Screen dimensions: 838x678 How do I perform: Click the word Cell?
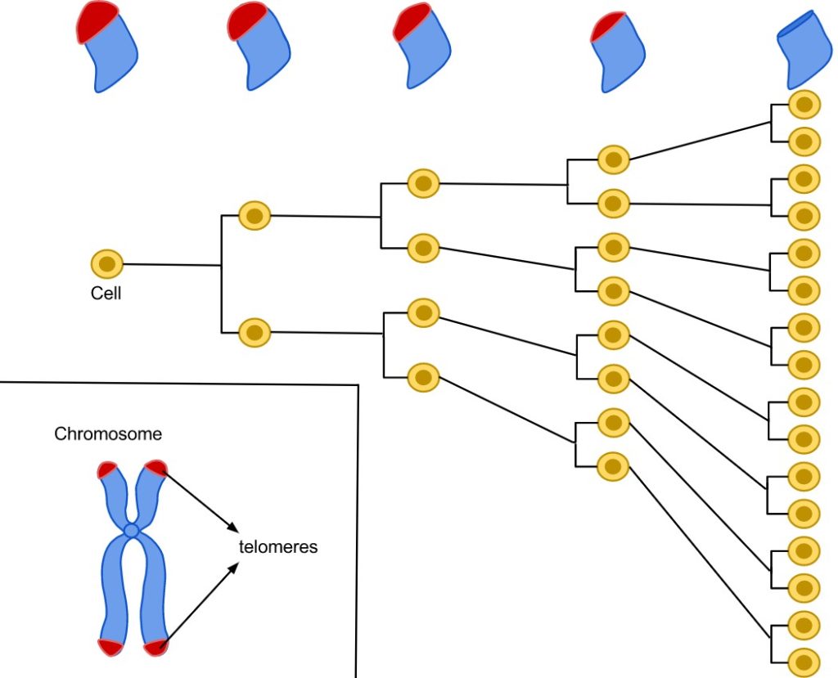click(x=106, y=294)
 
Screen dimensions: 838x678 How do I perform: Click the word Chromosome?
click(x=108, y=433)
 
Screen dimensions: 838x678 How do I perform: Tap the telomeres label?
click(x=278, y=547)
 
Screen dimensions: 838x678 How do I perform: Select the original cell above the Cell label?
click(x=107, y=264)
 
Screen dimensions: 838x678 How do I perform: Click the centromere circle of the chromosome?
click(x=132, y=531)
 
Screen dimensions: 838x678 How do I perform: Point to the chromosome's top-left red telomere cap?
click(x=107, y=470)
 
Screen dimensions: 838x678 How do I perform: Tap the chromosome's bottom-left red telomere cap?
click(x=110, y=646)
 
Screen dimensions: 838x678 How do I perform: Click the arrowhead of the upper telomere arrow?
click(x=232, y=526)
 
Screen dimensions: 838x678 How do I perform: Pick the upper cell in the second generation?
click(x=255, y=216)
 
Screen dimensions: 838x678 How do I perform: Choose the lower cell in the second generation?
click(x=255, y=332)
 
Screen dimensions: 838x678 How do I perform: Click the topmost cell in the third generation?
click(x=423, y=183)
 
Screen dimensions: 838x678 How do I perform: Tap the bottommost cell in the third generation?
click(x=423, y=377)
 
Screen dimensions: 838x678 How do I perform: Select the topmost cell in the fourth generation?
click(x=613, y=159)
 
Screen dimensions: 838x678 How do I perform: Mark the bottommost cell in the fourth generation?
click(x=612, y=466)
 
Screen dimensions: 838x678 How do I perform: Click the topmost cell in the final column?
click(x=804, y=104)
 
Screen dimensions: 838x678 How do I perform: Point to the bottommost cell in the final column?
click(x=804, y=662)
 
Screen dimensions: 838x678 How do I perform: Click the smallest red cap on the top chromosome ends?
click(x=608, y=27)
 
